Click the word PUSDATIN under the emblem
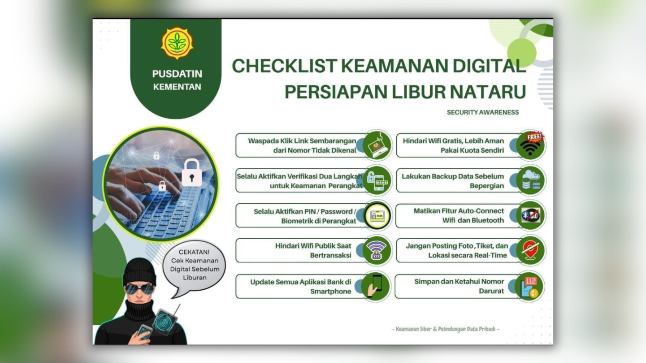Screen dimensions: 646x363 click(177, 74)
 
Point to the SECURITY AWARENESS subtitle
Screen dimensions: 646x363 click(483, 112)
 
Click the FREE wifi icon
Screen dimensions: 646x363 click(531, 145)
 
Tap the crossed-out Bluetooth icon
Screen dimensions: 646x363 click(530, 215)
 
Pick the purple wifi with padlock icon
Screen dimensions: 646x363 click(376, 251)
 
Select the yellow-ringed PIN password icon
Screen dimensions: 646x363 click(377, 215)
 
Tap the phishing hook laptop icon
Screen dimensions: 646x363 click(377, 145)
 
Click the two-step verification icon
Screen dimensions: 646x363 click(377, 181)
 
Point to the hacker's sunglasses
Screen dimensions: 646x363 click(140, 289)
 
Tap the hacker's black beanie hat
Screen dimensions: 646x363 click(139, 271)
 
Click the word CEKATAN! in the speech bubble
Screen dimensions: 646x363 click(194, 252)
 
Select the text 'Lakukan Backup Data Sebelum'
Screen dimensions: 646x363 click(453, 176)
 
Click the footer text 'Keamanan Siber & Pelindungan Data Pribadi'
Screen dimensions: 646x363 click(445, 329)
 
